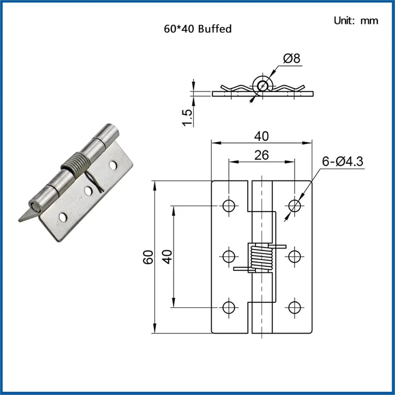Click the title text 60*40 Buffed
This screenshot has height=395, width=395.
coord(197,29)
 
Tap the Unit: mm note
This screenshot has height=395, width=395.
coord(356,21)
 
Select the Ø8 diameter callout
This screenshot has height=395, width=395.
coord(292,58)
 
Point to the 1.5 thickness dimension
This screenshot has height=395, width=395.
coord(187,117)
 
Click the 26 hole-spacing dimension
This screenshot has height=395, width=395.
coord(261,155)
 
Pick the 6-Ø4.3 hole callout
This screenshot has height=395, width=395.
coord(342,161)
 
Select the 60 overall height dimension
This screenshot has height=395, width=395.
coord(148,257)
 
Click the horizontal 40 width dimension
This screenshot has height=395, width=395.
coord(261,136)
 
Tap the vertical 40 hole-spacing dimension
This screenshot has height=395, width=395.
coord(167,257)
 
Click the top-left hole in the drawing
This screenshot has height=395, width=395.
coord(229,206)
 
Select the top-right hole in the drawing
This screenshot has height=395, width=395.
coord(294,206)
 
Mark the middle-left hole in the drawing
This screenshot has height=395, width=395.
coord(229,256)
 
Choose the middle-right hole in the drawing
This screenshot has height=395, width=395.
coord(294,256)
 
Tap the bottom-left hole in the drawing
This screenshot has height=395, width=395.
coord(229,307)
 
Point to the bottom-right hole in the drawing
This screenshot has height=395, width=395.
coord(294,307)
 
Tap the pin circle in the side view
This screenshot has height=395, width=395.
coord(262,86)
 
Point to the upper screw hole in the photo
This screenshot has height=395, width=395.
coord(113,165)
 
